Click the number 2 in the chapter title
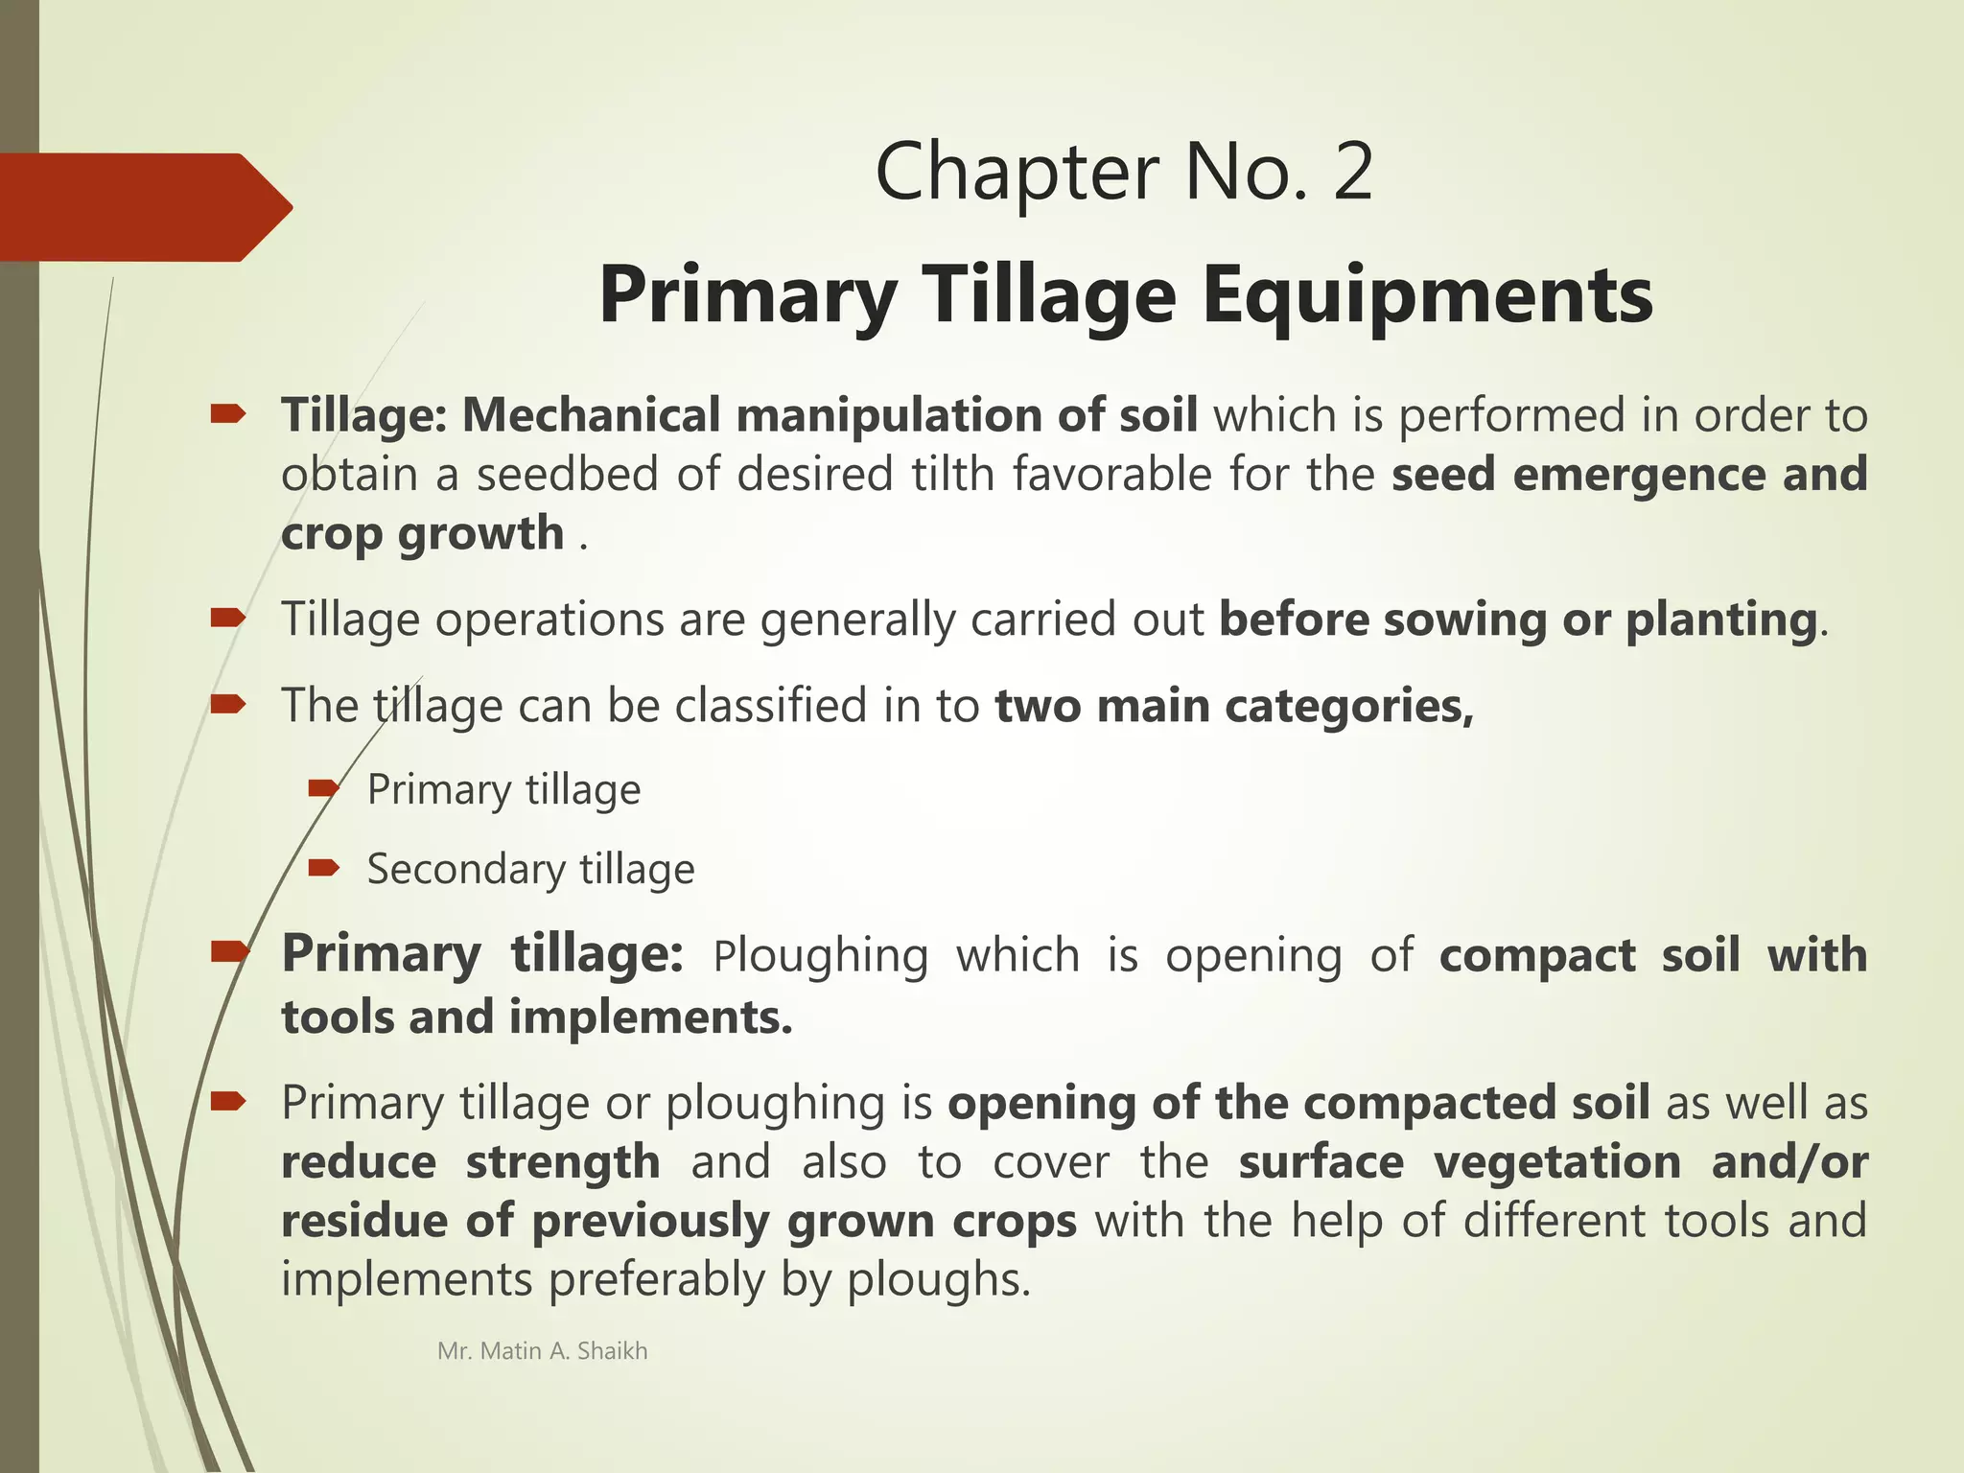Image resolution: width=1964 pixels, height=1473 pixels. point(1352,173)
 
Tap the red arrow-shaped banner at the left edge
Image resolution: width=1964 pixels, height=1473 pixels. point(144,207)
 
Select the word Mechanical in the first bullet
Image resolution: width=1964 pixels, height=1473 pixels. point(591,415)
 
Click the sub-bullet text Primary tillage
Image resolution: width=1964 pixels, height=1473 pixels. point(503,790)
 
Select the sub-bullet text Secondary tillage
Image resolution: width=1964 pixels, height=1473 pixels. point(530,870)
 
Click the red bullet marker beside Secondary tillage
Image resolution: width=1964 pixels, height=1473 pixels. point(324,869)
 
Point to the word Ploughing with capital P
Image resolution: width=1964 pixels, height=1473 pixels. point(821,956)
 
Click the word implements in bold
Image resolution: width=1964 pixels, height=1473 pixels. point(650,1017)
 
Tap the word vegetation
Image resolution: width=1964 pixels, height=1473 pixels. point(1557,1162)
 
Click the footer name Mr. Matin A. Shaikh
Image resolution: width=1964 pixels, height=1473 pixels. point(542,1351)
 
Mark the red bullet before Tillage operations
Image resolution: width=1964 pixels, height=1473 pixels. point(228,619)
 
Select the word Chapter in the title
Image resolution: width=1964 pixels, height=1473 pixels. point(1017,173)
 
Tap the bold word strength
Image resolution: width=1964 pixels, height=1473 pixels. point(563,1162)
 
